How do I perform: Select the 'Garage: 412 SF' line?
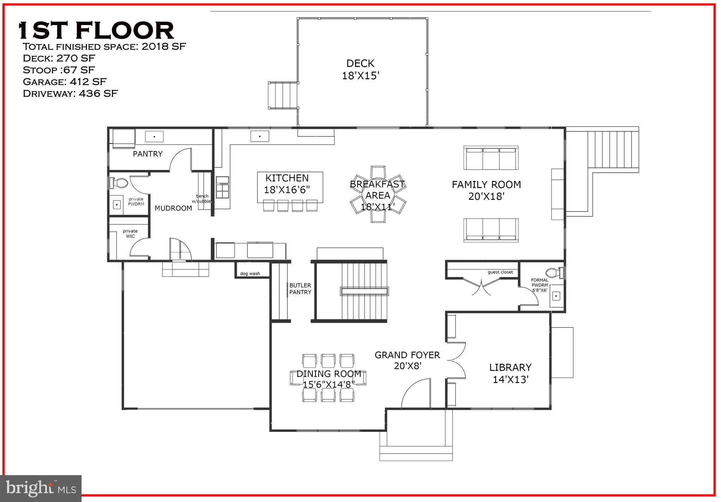65,82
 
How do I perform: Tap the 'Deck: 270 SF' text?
59,58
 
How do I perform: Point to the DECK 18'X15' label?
360,70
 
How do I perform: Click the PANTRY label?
148,154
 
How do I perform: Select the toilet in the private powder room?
119,183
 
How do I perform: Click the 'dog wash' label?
250,273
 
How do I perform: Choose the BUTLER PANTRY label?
300,289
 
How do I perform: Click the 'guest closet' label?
500,272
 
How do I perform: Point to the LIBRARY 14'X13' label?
510,373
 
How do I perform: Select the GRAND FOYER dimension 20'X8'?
408,366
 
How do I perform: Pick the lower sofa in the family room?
491,230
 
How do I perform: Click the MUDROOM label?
173,208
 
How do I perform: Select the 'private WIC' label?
130,234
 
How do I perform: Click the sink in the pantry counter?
154,136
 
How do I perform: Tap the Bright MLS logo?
41,488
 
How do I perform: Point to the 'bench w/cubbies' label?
202,199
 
